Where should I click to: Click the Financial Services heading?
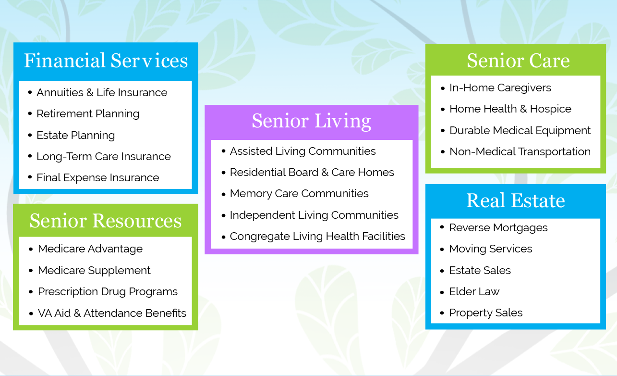[106, 61]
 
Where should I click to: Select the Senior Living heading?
[312, 121]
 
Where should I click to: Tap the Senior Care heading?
[518, 61]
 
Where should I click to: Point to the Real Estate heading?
[515, 201]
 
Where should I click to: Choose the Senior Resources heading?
[106, 221]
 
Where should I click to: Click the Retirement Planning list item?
[88, 113]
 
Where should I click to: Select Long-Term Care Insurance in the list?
[104, 156]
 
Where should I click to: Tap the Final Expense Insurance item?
[98, 177]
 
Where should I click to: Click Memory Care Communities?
[299, 193]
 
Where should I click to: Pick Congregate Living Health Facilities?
[317, 237]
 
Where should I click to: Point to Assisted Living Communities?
[302, 151]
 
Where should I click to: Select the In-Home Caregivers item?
[500, 88]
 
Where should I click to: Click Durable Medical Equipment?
[520, 130]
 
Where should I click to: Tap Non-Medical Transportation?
[520, 151]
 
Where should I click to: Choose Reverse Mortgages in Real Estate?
[498, 227]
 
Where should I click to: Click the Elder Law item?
[474, 291]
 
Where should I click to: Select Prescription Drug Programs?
[108, 291]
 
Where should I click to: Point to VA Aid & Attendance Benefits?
[112, 313]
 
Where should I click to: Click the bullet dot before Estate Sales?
[442, 271]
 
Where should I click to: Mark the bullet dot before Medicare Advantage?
[31, 250]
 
